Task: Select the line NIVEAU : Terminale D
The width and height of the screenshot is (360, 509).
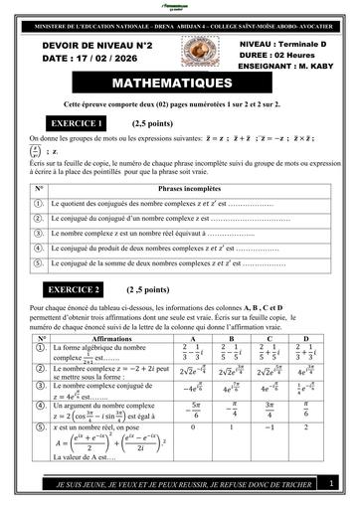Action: pyautogui.click(x=281, y=46)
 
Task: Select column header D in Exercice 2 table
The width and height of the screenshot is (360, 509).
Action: pyautogui.click(x=305, y=339)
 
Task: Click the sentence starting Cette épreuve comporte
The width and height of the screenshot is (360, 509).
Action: pyautogui.click(x=179, y=103)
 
